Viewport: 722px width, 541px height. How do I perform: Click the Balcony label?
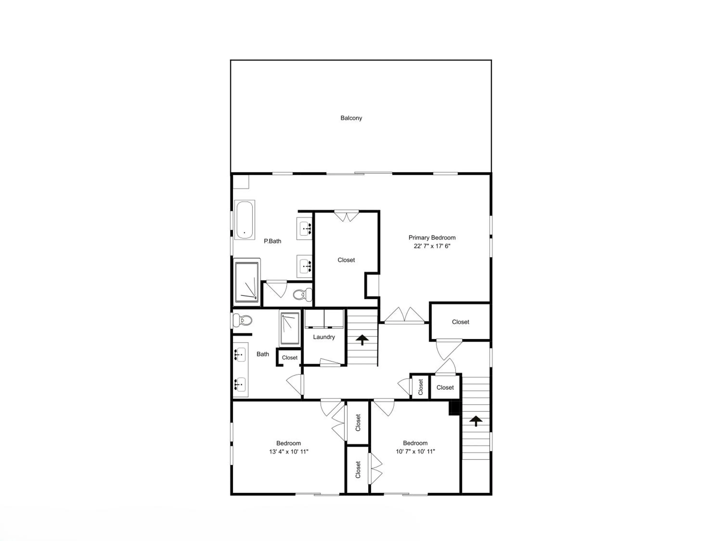pos(351,118)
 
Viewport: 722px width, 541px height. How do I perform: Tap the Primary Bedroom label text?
pos(432,238)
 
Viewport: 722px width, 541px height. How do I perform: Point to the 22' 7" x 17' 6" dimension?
pos(432,246)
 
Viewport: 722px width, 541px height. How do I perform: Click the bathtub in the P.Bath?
pos(245,220)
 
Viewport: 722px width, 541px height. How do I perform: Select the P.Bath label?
pos(272,241)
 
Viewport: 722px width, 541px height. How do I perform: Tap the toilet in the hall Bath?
pos(243,321)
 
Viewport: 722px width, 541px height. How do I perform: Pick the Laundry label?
pos(324,337)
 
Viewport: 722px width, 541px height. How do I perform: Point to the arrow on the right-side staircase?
pos(476,421)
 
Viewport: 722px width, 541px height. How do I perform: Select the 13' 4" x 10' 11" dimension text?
pos(289,452)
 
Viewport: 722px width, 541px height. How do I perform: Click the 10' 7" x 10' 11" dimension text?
pos(415,452)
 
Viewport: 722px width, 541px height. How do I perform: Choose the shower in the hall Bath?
pos(290,328)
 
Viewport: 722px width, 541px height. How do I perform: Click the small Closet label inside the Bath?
pos(290,358)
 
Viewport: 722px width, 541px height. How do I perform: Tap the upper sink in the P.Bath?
pos(304,229)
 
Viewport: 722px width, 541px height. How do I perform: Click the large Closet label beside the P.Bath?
pos(346,260)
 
